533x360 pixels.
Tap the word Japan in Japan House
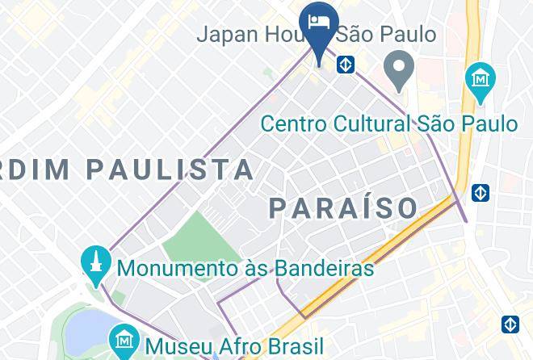point(229,35)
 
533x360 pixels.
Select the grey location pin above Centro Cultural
point(397,70)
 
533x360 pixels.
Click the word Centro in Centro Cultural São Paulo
point(296,123)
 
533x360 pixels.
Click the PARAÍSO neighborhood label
point(343,207)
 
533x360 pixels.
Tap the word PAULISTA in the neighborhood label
point(170,170)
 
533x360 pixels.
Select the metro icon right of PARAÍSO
point(480,193)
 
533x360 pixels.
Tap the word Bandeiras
point(328,267)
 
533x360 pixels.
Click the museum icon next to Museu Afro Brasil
point(124,342)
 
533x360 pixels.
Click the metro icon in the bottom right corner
point(510,324)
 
